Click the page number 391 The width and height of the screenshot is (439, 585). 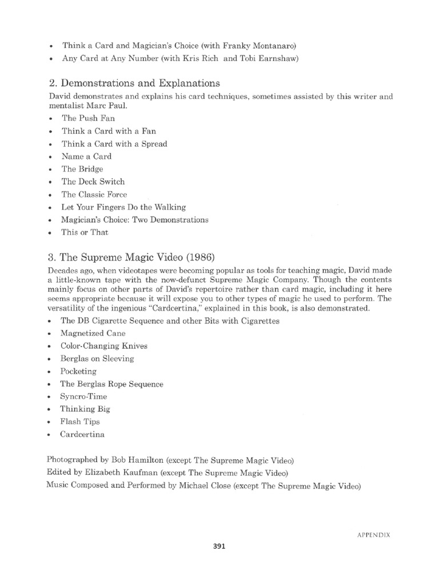[x=219, y=546]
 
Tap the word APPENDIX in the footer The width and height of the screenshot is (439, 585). [x=374, y=535]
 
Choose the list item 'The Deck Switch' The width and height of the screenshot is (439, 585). [x=93, y=182]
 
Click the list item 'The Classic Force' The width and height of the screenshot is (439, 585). [x=94, y=194]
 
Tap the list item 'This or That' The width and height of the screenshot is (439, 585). [x=84, y=232]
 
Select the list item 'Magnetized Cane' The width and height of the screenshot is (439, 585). [x=93, y=333]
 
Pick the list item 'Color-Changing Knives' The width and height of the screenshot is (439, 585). [x=103, y=346]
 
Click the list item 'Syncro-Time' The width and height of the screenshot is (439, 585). [x=83, y=396]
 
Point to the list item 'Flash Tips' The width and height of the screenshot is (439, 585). [x=80, y=422]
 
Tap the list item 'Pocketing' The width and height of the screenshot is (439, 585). [x=79, y=371]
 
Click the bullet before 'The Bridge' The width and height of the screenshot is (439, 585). [x=51, y=170]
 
